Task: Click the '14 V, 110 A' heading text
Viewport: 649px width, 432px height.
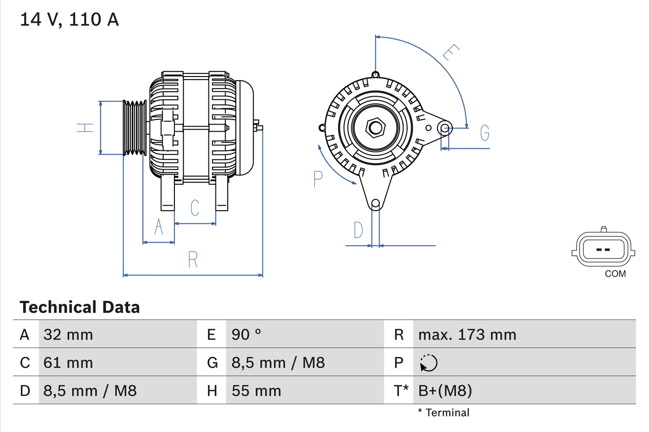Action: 69,19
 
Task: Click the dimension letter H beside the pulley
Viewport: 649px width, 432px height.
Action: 85,127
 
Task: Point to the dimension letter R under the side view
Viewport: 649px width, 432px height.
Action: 193,259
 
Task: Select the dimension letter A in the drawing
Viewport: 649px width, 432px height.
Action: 159,227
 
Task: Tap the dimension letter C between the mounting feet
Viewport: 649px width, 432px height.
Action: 194,208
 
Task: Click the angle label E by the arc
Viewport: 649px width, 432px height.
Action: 450,53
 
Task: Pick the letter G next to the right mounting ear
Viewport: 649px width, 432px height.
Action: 485,133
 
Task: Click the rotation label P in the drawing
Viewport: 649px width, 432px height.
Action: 318,179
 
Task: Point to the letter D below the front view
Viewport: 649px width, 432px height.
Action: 358,230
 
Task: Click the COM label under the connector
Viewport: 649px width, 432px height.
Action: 615,274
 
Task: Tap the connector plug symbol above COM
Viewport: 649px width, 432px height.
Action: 602,250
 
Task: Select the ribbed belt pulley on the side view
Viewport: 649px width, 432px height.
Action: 135,128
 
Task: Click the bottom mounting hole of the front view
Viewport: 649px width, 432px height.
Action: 375,204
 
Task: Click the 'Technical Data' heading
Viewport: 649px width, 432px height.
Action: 80,307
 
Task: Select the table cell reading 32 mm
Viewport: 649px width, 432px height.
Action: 68,334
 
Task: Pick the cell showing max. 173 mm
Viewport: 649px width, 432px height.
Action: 467,334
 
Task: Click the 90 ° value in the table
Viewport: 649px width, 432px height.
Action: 247,334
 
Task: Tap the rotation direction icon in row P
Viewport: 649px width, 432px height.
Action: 428,363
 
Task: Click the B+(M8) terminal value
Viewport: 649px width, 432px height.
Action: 445,390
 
